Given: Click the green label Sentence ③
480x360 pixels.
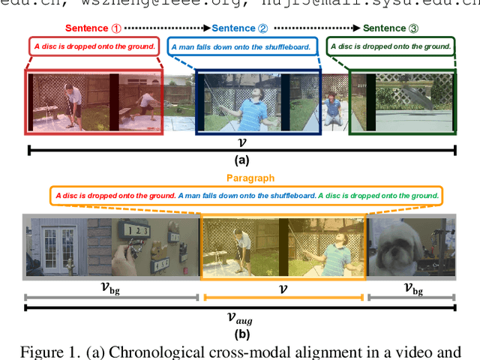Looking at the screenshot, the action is point(390,28).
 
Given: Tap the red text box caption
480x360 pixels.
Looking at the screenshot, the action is point(94,46).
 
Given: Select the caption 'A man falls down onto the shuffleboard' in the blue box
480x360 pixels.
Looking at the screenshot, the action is point(243,46).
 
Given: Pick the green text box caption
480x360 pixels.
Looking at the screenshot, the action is point(391,46).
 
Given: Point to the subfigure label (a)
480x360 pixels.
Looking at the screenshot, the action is point(241,160).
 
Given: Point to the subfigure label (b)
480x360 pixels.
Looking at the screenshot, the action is point(241,334).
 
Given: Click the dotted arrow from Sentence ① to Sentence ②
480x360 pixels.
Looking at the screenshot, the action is point(166,28).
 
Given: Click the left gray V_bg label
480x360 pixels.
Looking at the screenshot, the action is point(110,287).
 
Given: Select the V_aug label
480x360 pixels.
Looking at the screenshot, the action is point(240,318).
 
